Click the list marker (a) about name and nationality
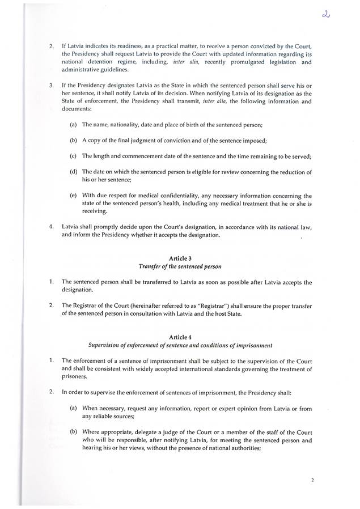pos(74,124)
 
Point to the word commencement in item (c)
pos(153,155)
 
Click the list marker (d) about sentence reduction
pos(74,171)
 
